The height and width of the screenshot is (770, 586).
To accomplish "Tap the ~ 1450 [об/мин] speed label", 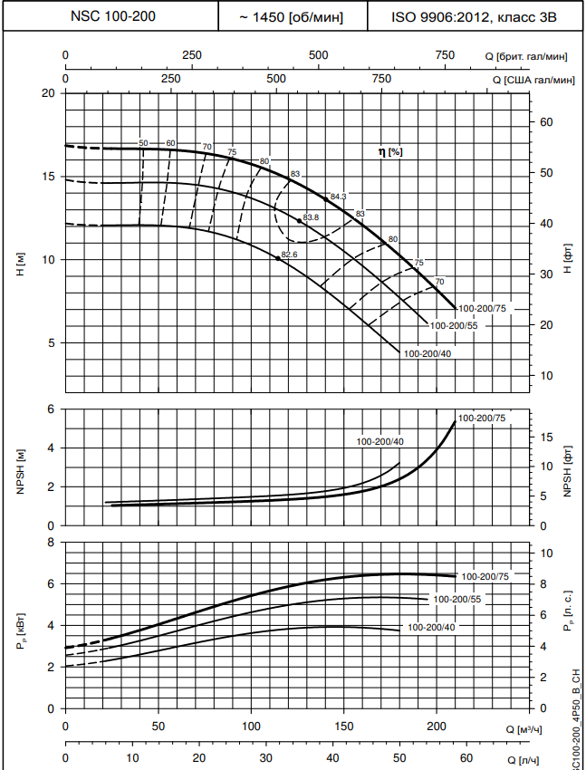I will coord(293,16).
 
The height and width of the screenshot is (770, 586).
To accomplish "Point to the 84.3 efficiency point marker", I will coord(326,198).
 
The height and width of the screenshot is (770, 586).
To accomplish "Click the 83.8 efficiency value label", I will coord(312,217).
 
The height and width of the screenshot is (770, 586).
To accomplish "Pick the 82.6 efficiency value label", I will coord(289,255).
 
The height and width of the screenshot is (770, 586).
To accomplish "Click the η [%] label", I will coord(390,151).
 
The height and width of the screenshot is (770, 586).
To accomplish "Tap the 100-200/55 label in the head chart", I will coord(452,325).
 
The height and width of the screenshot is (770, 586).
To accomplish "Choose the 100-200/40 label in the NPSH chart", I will coord(381,441).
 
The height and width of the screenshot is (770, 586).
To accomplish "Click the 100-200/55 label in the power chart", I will coord(456,599).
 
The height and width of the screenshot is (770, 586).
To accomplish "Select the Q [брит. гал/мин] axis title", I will coord(526,56).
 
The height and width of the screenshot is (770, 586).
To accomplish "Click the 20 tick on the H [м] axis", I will coord(48,93).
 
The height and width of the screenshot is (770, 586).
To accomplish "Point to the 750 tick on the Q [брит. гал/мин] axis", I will coord(445,56).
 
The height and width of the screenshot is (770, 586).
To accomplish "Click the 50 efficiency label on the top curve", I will coord(143,143).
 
